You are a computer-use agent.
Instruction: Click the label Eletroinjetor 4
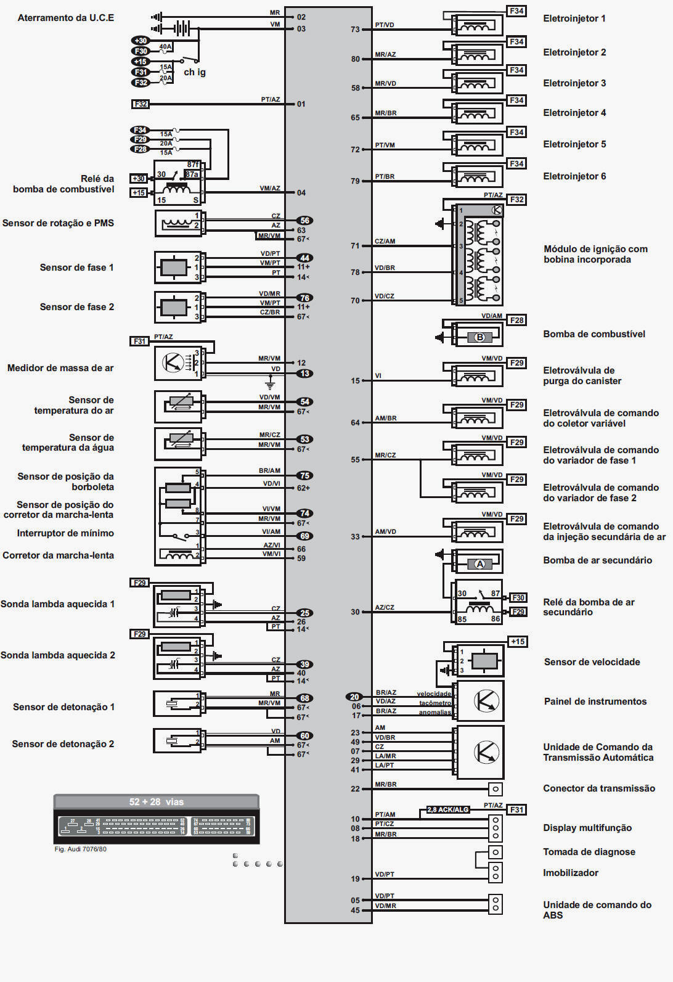pyautogui.click(x=574, y=113)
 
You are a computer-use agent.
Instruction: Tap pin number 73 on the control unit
pyautogui.click(x=355, y=30)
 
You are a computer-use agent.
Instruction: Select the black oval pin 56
pyautogui.click(x=304, y=221)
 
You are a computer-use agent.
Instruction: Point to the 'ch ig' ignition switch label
pyautogui.click(x=195, y=72)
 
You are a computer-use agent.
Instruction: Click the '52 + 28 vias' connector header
pyautogui.click(x=157, y=802)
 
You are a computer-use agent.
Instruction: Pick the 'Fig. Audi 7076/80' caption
pyautogui.click(x=80, y=849)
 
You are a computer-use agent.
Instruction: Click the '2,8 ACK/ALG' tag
pyautogui.click(x=448, y=809)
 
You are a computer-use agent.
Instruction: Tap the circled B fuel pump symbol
pyautogui.click(x=479, y=337)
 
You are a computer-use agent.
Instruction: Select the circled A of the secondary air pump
pyautogui.click(x=479, y=563)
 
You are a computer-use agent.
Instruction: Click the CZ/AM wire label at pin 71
pyautogui.click(x=385, y=242)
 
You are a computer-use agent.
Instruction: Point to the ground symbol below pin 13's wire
pyautogui.click(x=269, y=385)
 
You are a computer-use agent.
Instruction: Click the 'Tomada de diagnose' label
pyautogui.click(x=589, y=852)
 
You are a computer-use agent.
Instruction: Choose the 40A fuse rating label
pyautogui.click(x=165, y=47)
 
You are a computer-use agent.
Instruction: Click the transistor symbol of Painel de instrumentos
pyautogui.click(x=486, y=701)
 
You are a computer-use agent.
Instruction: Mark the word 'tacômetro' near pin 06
pyautogui.click(x=435, y=703)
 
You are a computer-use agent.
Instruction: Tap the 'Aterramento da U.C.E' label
pyautogui.click(x=65, y=18)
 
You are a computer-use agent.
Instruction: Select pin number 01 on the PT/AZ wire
pyautogui.click(x=301, y=104)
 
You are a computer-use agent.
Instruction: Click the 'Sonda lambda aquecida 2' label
pyautogui.click(x=57, y=655)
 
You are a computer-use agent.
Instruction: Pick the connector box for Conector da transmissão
pyautogui.click(x=496, y=788)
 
